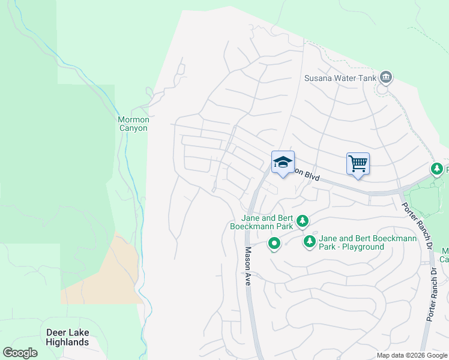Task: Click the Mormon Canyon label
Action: click(133, 124)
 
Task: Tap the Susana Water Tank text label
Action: click(340, 78)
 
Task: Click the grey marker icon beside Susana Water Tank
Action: click(386, 77)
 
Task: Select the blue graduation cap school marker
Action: click(283, 163)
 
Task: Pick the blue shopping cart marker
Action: click(358, 164)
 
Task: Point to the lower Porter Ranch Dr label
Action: click(431, 294)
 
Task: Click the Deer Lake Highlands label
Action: click(68, 337)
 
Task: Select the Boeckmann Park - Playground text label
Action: click(351, 242)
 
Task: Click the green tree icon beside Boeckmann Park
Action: click(303, 222)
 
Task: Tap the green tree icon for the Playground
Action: click(309, 242)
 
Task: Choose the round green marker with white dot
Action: click(274, 243)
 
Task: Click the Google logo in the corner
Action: click(20, 353)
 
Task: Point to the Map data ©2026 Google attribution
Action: click(412, 355)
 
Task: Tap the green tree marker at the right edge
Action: click(437, 170)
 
